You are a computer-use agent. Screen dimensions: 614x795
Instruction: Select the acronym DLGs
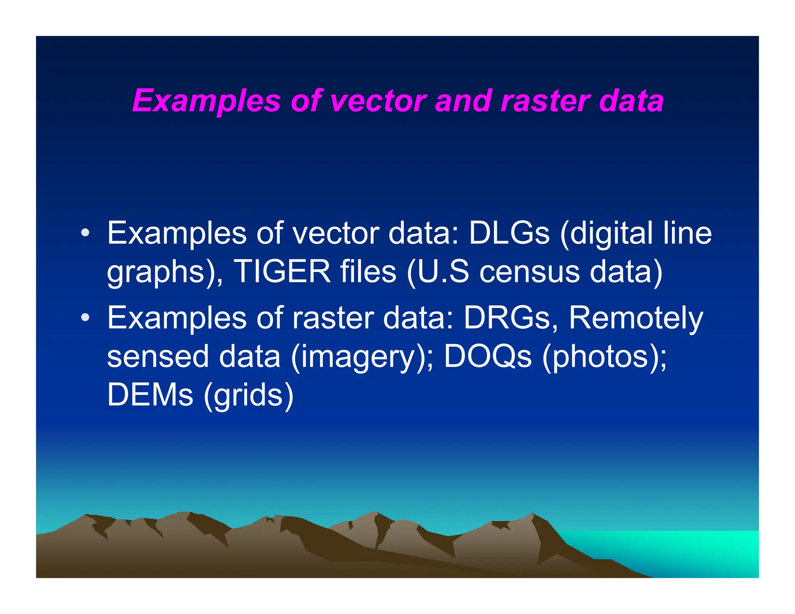tap(509, 233)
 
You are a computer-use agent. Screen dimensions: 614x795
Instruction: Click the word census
tap(529, 271)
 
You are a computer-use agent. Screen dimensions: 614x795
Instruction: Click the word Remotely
tap(635, 318)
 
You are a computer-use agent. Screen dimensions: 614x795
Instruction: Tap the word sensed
tap(158, 356)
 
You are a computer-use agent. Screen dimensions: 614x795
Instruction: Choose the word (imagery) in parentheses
tap(362, 356)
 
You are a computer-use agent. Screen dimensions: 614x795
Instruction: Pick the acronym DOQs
tap(488, 356)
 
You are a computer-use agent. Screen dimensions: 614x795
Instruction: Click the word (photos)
tap(604, 356)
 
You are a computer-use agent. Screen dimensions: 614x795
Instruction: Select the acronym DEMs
tap(150, 395)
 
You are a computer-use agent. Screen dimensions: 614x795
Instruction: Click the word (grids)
tap(248, 395)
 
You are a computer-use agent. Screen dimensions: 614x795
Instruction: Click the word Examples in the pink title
tap(206, 101)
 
